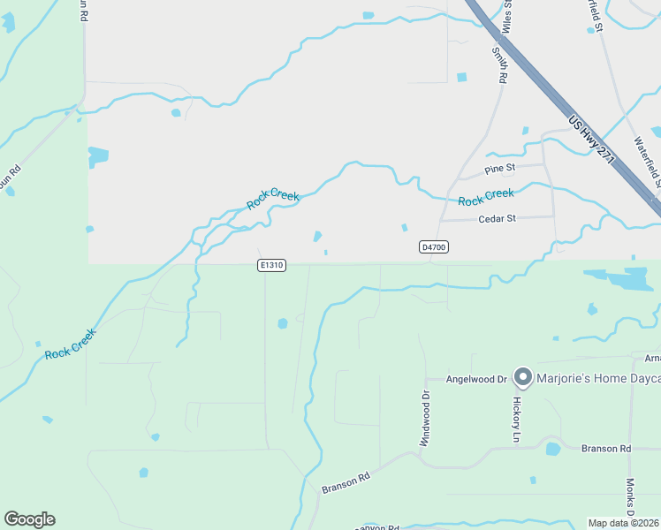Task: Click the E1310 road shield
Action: click(x=272, y=265)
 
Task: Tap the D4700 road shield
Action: click(x=433, y=247)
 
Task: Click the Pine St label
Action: click(x=499, y=169)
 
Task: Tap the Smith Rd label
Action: click(x=500, y=64)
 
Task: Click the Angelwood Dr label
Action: click(x=475, y=379)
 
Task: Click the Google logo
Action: click(x=29, y=519)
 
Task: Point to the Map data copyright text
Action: click(x=624, y=523)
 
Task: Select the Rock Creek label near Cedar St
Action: click(x=485, y=197)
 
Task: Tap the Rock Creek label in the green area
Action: click(x=69, y=347)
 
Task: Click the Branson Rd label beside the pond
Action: click(x=606, y=449)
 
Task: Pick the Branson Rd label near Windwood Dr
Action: click(x=345, y=482)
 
